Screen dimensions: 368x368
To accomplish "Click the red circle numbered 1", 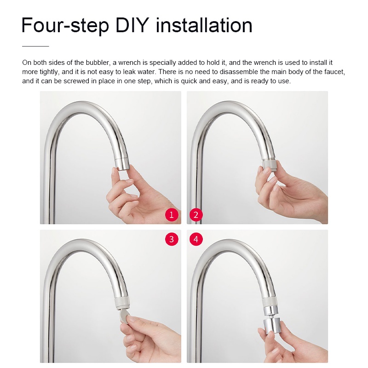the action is [172, 215].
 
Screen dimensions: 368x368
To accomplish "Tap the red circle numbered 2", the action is [196, 215].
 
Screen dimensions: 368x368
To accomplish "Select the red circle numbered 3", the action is [172, 239].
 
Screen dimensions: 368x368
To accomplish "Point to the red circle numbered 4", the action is [196, 239].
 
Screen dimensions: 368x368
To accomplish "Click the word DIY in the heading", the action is [132, 25].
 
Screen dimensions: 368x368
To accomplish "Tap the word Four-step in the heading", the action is [65, 26].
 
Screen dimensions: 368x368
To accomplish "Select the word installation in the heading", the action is [204, 25].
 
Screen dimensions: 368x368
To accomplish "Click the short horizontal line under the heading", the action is [35, 46].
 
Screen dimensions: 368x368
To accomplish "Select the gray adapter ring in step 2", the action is [270, 164].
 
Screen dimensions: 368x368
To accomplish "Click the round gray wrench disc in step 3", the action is [124, 315].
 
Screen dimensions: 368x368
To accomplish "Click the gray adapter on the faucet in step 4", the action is [270, 301].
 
